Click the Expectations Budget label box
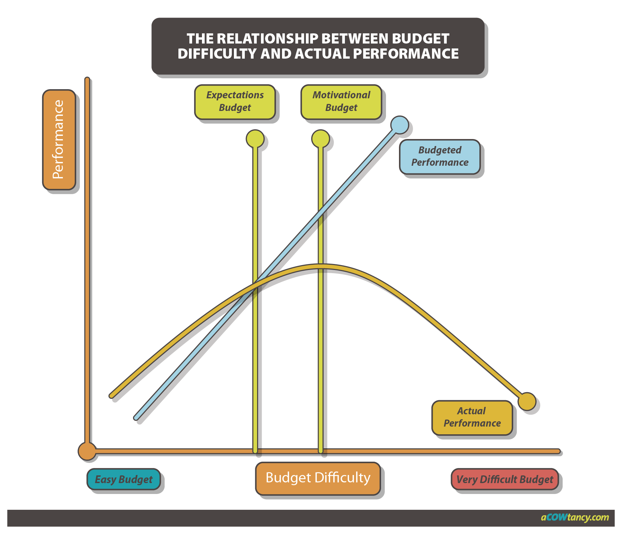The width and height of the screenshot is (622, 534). coord(235,101)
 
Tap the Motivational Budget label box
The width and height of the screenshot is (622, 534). coord(341,101)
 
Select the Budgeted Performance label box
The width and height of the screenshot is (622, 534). coord(439,156)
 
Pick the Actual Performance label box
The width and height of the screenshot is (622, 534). coord(472,417)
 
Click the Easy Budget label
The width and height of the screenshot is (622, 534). coord(123,479)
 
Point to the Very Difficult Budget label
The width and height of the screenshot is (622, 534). coord(504,479)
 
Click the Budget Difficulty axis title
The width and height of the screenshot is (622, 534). coord(318,478)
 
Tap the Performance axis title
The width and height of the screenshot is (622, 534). coord(59,139)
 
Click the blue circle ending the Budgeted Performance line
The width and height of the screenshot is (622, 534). coord(399,125)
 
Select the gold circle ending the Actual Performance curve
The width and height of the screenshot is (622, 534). coord(527,401)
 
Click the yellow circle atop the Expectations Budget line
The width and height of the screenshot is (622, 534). coord(255,138)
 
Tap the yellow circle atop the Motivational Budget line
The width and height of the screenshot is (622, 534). coord(320,138)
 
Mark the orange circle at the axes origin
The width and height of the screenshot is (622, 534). coord(87,451)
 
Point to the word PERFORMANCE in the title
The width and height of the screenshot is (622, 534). coord(406,54)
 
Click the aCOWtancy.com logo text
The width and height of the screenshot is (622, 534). coord(575,517)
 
